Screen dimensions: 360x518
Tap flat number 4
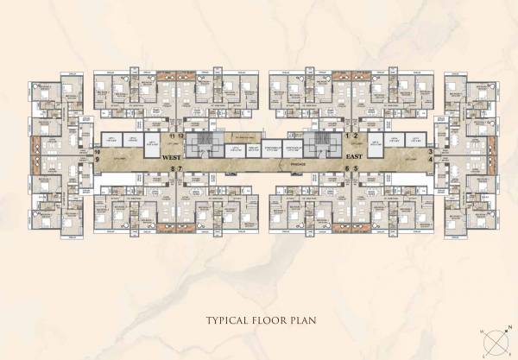tap(430, 160)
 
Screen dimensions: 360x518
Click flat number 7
tap(180, 169)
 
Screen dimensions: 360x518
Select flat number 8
tap(173, 169)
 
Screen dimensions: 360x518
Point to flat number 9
tap(98, 160)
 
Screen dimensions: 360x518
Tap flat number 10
tap(98, 152)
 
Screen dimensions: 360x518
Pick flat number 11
tap(173, 136)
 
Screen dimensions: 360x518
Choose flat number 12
tap(181, 136)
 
